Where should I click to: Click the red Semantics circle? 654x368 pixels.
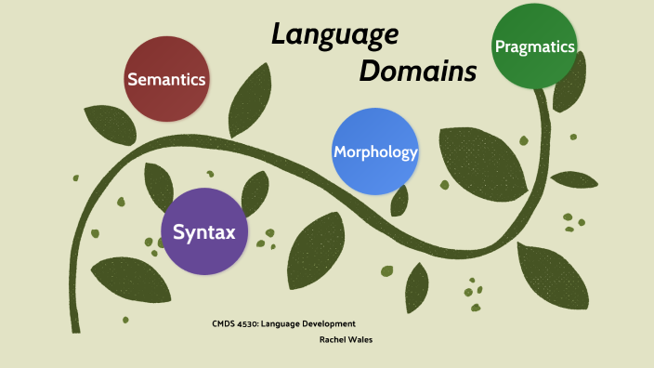[x=166, y=79]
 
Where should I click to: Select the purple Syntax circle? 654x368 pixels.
[x=204, y=231]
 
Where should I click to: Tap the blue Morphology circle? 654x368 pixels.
[x=375, y=151]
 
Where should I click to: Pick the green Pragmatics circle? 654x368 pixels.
[x=535, y=46]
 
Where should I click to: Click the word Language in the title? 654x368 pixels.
[x=334, y=35]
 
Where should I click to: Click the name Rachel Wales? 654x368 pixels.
[x=346, y=339]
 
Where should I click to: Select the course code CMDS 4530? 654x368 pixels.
[x=235, y=323]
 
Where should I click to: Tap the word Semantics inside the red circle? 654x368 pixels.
[x=166, y=79]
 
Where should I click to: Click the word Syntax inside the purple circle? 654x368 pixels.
[x=204, y=231]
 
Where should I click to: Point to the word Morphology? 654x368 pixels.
[x=375, y=151]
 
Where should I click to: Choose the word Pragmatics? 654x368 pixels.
[x=535, y=46]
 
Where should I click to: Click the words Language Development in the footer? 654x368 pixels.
[x=308, y=323]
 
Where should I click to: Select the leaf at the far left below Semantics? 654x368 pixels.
[x=110, y=125]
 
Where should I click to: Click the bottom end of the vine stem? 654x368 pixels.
[x=74, y=328]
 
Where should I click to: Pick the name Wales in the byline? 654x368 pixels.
[x=359, y=339]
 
